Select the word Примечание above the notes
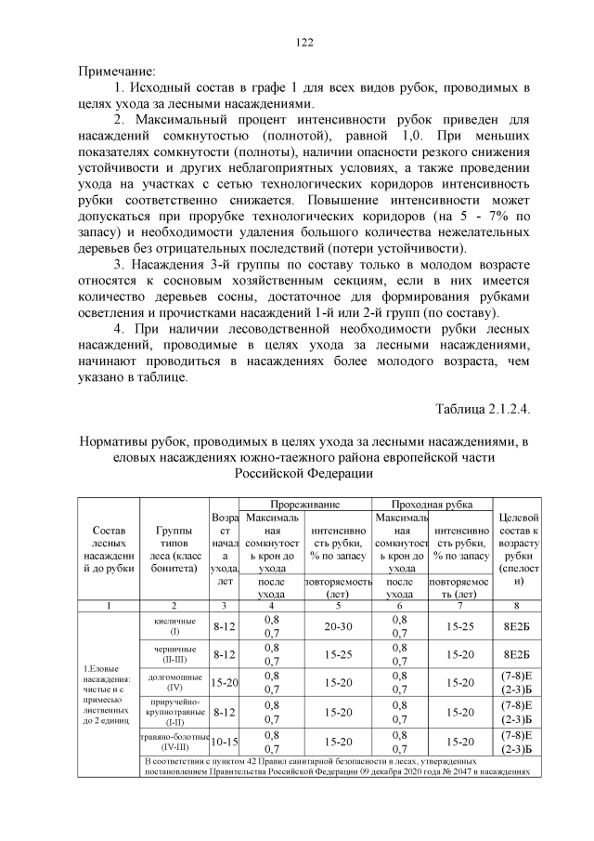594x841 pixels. pos(116,71)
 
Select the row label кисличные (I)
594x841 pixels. pos(174,625)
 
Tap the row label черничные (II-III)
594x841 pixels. pos(174,653)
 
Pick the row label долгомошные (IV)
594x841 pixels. pos(174,683)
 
